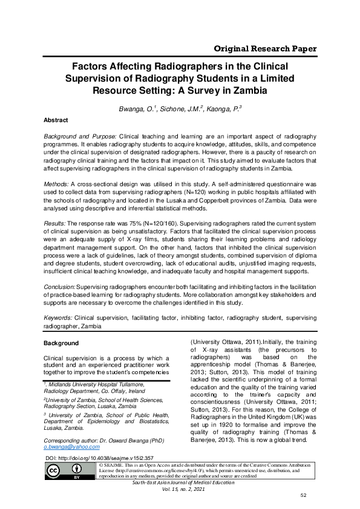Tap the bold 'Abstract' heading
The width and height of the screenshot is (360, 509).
click(56, 120)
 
